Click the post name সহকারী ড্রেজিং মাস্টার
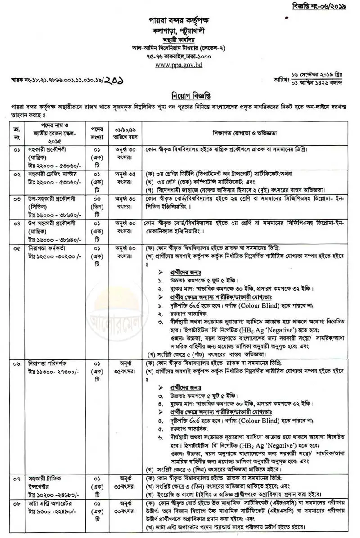click(50, 174)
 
